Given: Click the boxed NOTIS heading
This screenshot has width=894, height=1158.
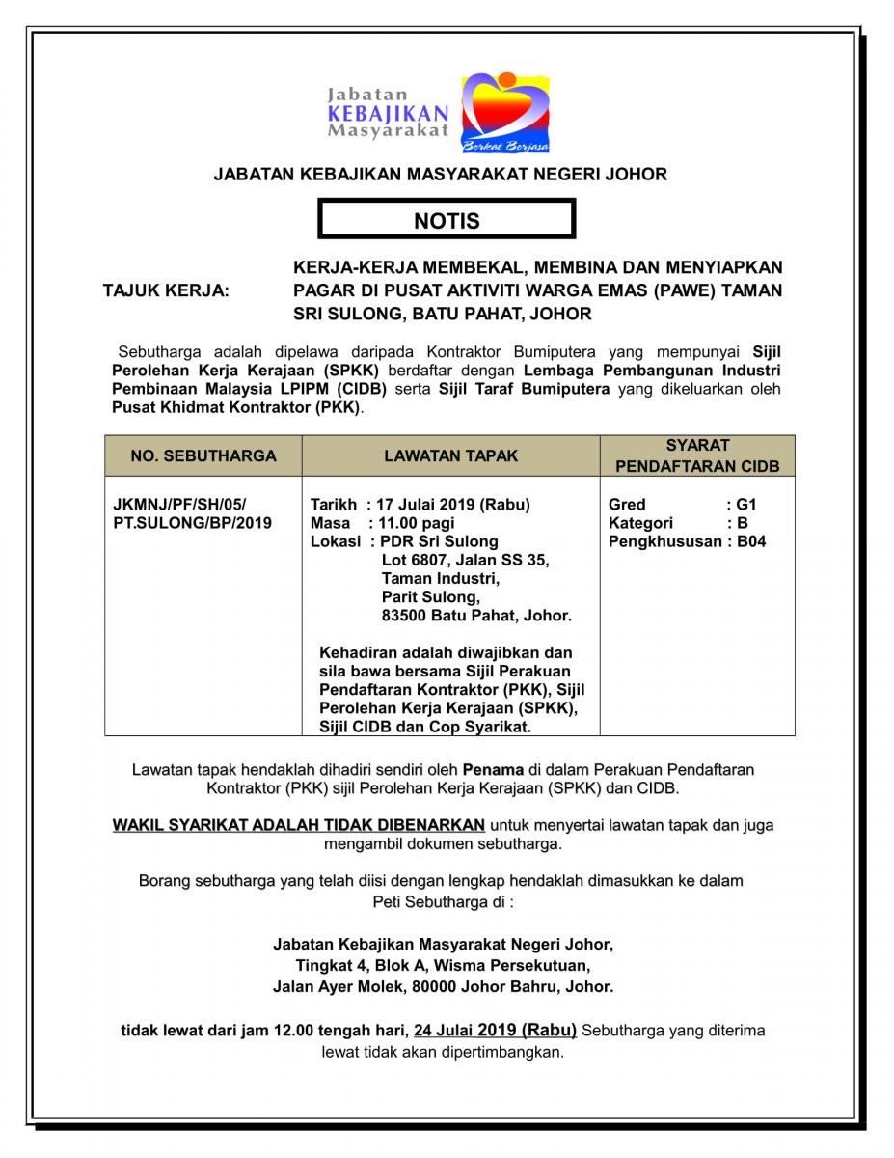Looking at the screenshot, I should [x=447, y=221].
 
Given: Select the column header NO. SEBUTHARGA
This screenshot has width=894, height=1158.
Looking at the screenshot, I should [x=203, y=455].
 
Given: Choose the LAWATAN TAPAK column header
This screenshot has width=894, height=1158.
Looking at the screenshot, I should [x=450, y=455].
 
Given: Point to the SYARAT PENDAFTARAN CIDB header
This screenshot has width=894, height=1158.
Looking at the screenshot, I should [x=697, y=455].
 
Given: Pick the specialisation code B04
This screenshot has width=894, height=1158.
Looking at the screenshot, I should [x=751, y=541].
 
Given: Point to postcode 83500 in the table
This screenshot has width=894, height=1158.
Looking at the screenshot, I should [x=404, y=615].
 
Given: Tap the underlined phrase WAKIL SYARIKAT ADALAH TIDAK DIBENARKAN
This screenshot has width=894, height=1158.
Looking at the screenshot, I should [x=299, y=825].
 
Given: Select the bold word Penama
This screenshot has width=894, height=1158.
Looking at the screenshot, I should [x=493, y=769].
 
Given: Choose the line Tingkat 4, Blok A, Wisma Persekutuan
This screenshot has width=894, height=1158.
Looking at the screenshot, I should [x=443, y=965].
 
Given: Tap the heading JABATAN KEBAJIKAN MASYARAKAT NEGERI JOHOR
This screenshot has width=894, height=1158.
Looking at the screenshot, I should [x=440, y=175].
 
